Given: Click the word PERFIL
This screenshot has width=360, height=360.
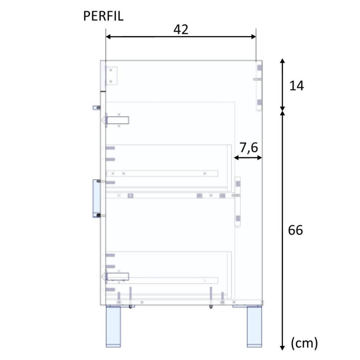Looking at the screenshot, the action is (x=103, y=16).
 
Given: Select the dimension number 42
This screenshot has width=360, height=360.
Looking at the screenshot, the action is (x=181, y=29).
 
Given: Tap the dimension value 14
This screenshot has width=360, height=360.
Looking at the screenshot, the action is (x=297, y=86).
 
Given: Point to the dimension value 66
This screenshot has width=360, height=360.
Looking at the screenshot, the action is (x=295, y=230).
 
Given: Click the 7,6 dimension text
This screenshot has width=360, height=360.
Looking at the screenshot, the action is (x=248, y=148).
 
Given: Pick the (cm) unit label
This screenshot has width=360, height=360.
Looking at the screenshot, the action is (x=304, y=343).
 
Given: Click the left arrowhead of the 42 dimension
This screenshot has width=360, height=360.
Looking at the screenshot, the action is (x=108, y=37).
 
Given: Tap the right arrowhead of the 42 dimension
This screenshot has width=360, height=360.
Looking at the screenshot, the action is (x=254, y=37).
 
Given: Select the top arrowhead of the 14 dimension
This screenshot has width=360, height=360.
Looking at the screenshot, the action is (x=283, y=61).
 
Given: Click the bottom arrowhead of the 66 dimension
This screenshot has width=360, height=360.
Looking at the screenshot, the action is (x=283, y=348).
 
